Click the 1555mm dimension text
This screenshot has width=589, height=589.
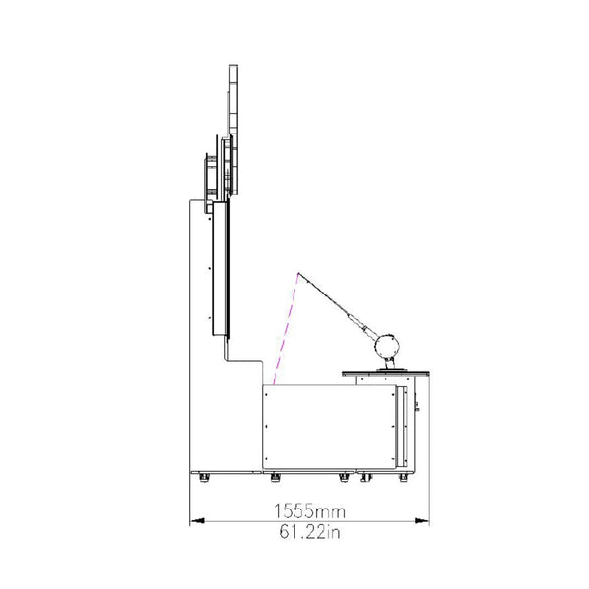tap(309, 511)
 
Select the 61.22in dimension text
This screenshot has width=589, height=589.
tap(309, 532)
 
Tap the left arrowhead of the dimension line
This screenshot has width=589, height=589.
tap(197, 521)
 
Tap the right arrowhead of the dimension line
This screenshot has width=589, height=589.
tap(421, 521)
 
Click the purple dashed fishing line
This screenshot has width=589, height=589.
tap(286, 329)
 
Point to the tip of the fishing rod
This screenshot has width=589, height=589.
tap(298, 273)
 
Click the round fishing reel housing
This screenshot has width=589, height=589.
tap(386, 347)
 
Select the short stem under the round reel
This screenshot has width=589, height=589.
tap(389, 363)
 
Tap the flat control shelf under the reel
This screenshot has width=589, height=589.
tap(386, 374)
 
